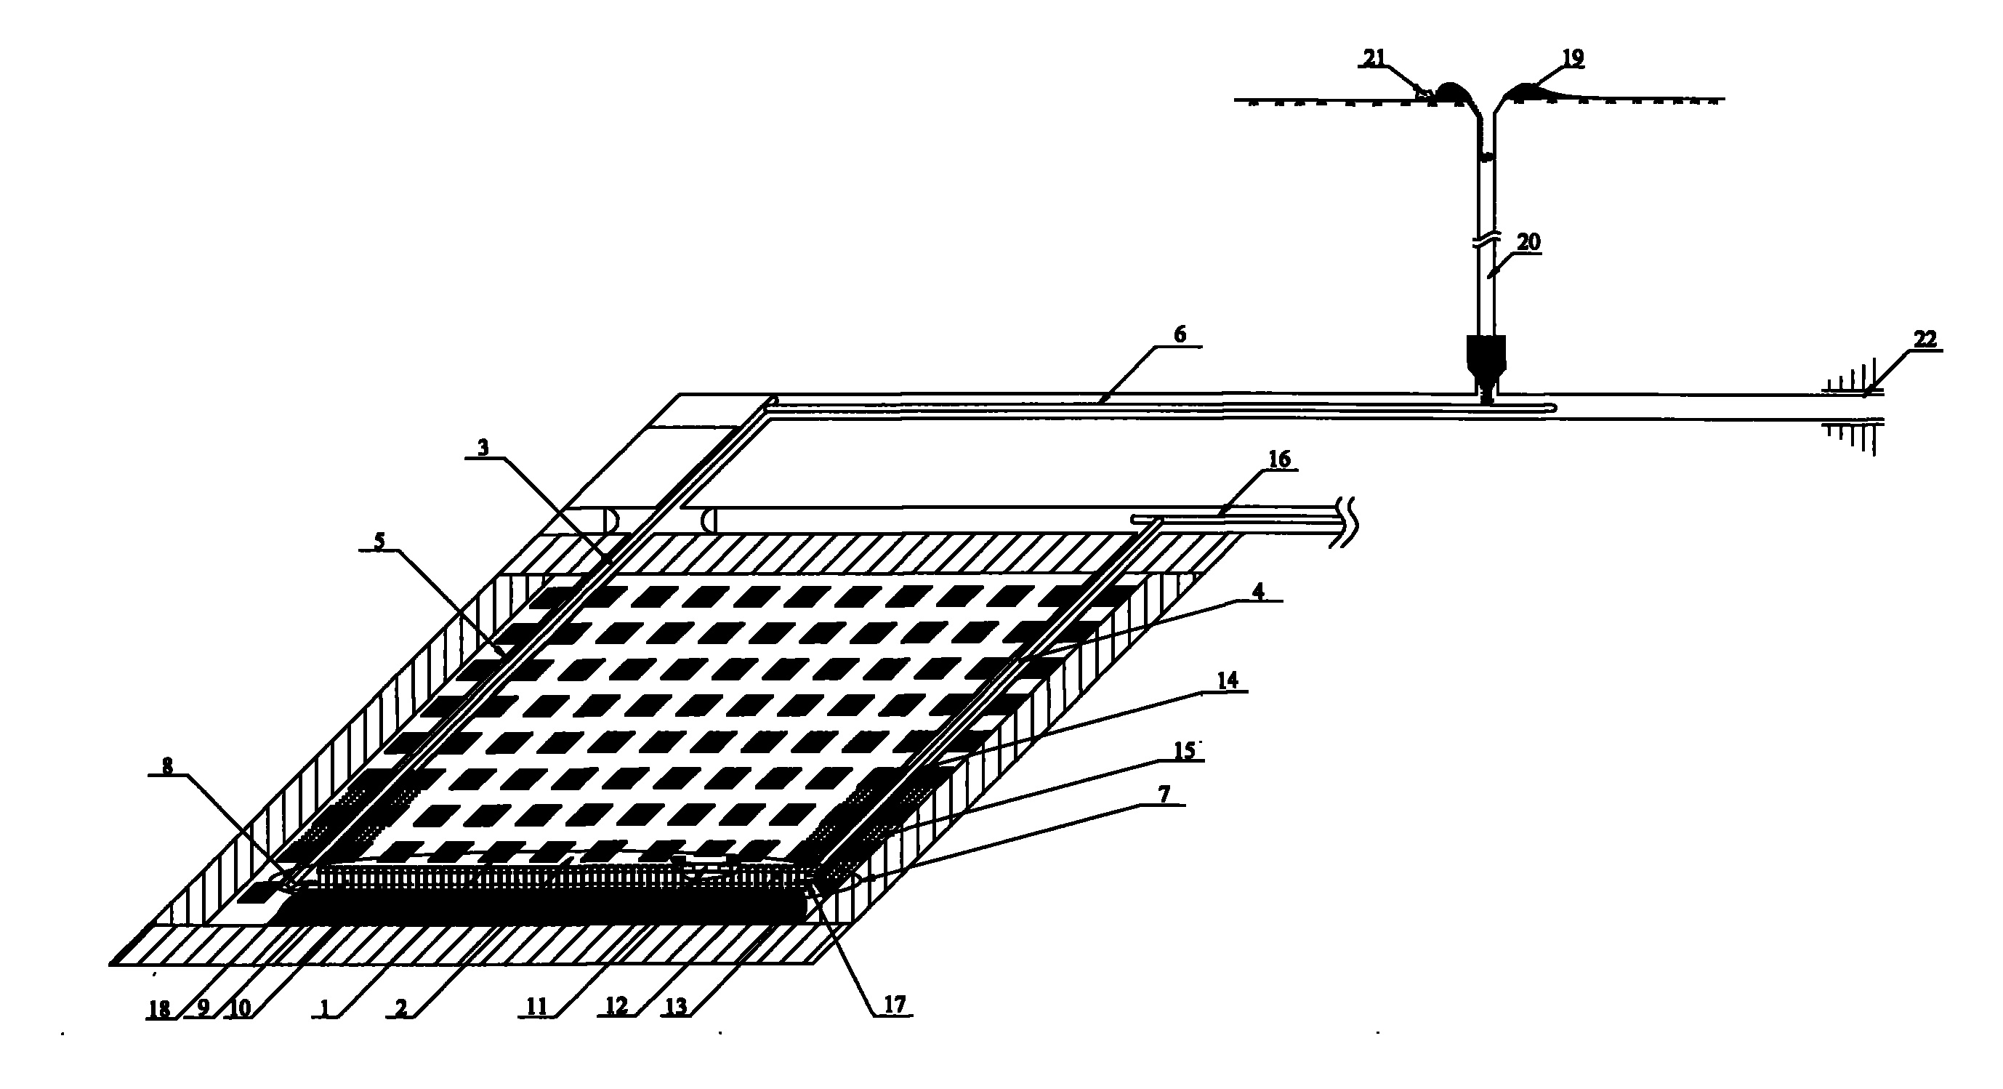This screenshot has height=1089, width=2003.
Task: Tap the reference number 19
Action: (1572, 57)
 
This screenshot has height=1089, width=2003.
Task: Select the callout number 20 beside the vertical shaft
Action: (1528, 242)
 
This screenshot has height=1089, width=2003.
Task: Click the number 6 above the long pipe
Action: (1180, 335)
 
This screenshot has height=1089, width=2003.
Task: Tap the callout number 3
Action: (483, 448)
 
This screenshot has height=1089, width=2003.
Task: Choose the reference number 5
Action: (379, 542)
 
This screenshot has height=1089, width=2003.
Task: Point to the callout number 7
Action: (1164, 794)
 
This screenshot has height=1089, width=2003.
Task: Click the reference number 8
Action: (167, 766)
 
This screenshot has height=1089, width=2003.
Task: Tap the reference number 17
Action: (894, 1005)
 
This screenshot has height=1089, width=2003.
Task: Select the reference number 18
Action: (159, 1009)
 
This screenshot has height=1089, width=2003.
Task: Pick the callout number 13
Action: (677, 1008)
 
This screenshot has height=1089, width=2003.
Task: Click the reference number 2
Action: (400, 1009)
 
